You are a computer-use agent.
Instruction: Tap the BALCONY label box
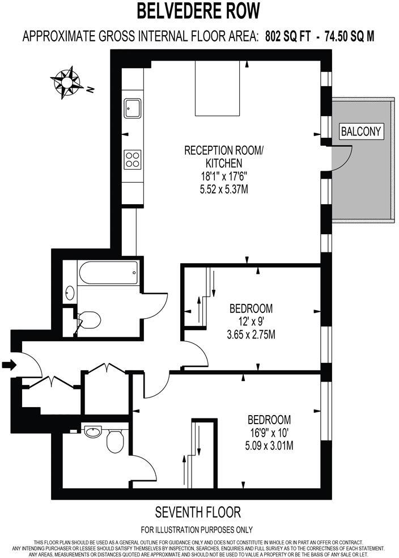362,132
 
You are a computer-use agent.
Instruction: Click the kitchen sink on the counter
133,107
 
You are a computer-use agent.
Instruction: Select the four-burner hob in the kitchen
133,158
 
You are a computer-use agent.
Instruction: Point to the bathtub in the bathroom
108,275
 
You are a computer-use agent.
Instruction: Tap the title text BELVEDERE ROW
199,11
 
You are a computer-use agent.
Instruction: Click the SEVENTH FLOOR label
198,513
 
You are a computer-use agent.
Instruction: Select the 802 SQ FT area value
290,37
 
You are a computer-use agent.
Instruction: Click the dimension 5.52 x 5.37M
224,189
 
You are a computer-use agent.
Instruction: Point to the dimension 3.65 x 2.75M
251,335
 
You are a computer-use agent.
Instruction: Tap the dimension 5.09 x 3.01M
269,446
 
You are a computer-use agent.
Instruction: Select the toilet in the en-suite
116,441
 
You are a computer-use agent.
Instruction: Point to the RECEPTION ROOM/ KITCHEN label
224,157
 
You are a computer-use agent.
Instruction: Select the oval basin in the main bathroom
70,293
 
